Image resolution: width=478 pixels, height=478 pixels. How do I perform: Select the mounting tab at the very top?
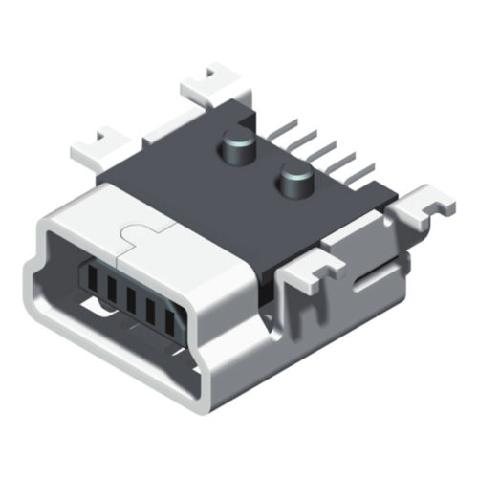(x=218, y=84)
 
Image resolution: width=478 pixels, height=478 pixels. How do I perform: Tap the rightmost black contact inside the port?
(x=172, y=323)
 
